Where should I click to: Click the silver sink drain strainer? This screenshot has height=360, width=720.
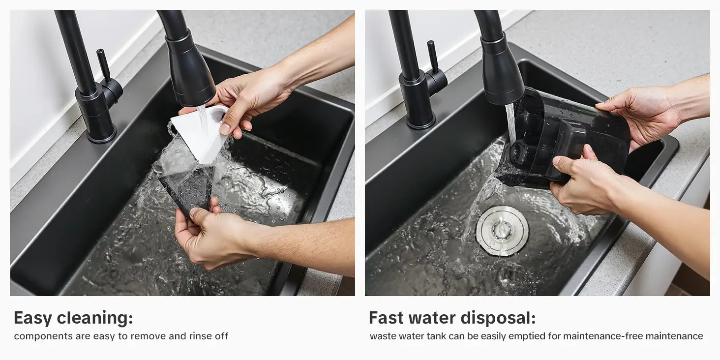502,231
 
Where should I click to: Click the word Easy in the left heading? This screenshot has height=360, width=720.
33,318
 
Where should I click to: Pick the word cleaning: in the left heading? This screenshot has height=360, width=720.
95,318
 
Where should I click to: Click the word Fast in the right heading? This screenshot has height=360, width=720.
386,318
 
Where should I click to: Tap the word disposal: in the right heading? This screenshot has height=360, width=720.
498,318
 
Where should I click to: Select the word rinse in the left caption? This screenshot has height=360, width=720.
200,336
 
